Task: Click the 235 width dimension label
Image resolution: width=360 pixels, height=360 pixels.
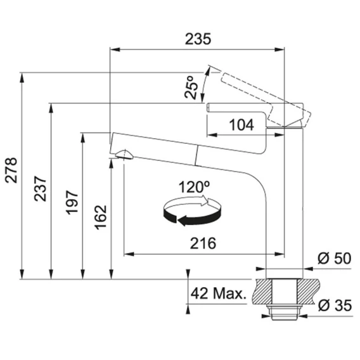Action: click(x=198, y=39)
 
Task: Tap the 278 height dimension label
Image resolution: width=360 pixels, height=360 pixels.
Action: click(x=11, y=170)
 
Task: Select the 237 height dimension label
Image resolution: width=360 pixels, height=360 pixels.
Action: click(x=40, y=189)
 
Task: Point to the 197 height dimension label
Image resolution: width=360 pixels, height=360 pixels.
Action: click(x=72, y=202)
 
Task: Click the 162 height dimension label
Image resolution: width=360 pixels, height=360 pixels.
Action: click(x=101, y=217)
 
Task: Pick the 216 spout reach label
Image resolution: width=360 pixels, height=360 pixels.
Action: click(x=203, y=243)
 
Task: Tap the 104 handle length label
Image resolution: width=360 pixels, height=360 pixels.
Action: click(x=241, y=125)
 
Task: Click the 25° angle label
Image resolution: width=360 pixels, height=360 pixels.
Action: click(x=191, y=87)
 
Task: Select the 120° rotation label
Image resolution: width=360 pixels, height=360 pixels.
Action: click(x=194, y=187)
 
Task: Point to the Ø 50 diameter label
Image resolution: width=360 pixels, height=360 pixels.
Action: click(x=334, y=258)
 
